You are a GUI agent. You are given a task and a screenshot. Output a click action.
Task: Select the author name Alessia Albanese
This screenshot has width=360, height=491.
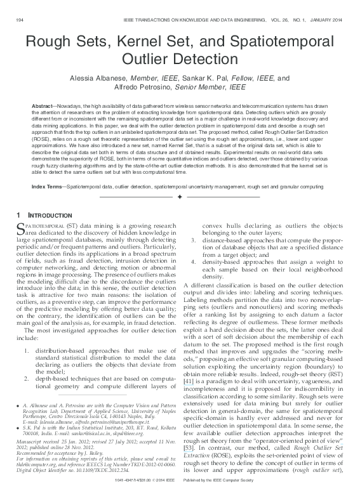click(x=109, y=79)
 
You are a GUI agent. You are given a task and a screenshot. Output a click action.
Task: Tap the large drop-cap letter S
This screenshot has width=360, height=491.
click(x=20, y=227)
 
